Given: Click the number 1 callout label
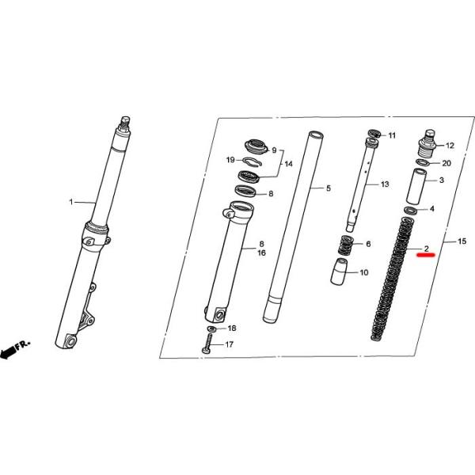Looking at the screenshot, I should point(70,203).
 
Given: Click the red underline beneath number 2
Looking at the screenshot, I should point(426,259).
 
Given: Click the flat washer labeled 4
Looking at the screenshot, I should point(412,210).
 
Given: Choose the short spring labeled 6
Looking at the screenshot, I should point(344,245).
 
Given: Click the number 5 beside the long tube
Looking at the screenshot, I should point(329,188).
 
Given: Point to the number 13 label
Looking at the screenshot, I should point(385,184).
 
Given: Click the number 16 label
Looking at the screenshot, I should point(260,253).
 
